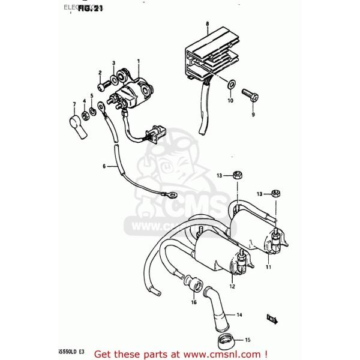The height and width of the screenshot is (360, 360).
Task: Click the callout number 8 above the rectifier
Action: (x=207, y=23)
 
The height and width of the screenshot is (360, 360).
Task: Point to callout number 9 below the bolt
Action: (x=253, y=114)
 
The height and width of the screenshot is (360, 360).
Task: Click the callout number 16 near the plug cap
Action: (x=194, y=303)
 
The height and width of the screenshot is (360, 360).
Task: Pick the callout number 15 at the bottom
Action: (x=248, y=339)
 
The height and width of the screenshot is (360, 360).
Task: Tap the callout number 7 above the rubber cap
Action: (x=74, y=104)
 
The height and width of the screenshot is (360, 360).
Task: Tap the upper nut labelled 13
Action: (x=236, y=175)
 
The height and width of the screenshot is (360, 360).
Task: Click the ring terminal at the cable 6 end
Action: (x=169, y=194)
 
